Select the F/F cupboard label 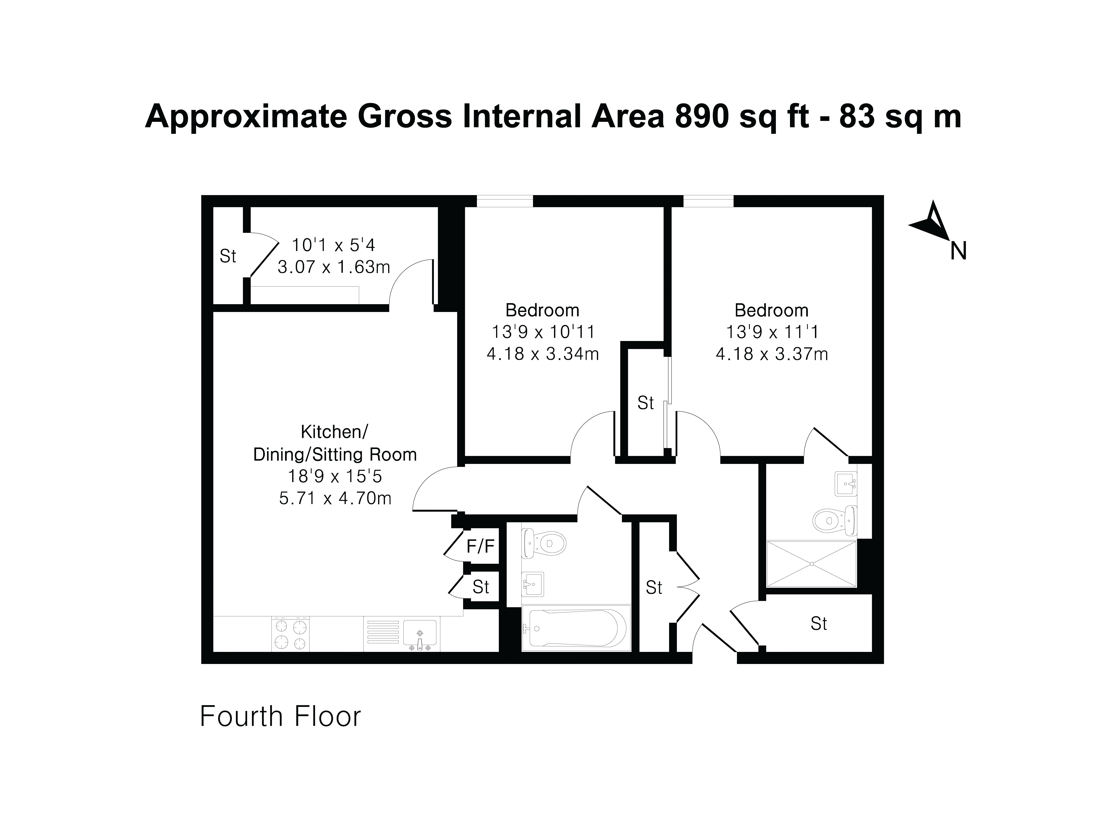[481, 546]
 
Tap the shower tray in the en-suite [812, 564]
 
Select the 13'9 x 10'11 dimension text [543, 332]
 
